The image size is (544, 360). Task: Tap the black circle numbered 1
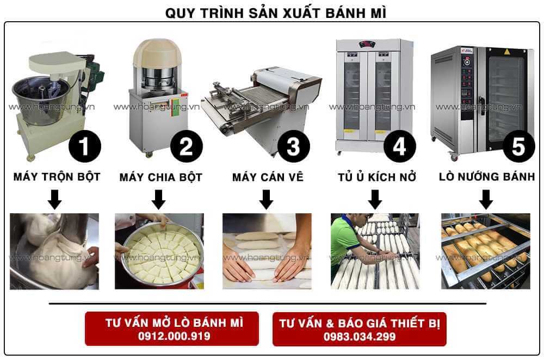84,147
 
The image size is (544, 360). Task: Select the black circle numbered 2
187,147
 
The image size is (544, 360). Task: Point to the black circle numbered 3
294,147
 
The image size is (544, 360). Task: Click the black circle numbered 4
400,147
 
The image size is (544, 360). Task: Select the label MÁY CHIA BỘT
160,177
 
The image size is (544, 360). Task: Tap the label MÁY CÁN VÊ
268,177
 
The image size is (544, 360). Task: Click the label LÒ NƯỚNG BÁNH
487,177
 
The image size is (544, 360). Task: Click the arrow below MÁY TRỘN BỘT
54,200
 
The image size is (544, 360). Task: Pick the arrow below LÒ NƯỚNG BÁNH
486,200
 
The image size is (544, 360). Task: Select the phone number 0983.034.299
360,337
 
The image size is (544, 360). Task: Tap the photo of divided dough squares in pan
159,251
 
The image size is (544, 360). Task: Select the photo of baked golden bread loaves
485,251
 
